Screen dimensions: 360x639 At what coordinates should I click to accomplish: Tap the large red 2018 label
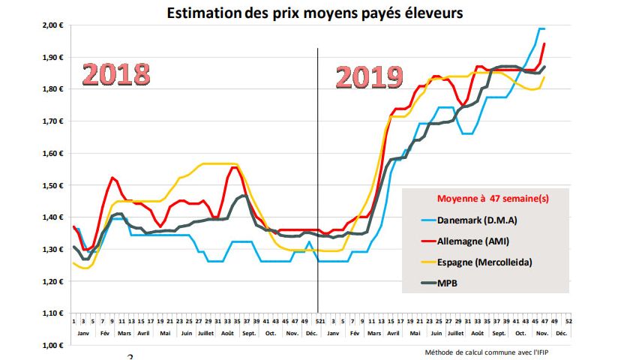click(x=116, y=75)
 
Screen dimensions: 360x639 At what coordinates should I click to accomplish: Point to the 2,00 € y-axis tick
click(x=52, y=25)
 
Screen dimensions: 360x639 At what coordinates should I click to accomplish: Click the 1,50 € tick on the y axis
click(x=52, y=185)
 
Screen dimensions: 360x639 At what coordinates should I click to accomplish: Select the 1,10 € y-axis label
click(x=52, y=313)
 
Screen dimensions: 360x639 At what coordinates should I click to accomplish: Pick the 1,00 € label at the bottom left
click(x=52, y=346)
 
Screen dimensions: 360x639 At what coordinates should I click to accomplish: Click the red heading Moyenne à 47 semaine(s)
click(x=492, y=199)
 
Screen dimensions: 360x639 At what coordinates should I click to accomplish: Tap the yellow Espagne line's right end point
click(x=544, y=77)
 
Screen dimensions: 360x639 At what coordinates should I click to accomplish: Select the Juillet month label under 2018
click(x=205, y=332)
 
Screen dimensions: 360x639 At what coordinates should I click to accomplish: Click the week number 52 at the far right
click(x=569, y=321)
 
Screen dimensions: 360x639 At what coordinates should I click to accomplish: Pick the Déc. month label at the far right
click(x=561, y=332)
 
